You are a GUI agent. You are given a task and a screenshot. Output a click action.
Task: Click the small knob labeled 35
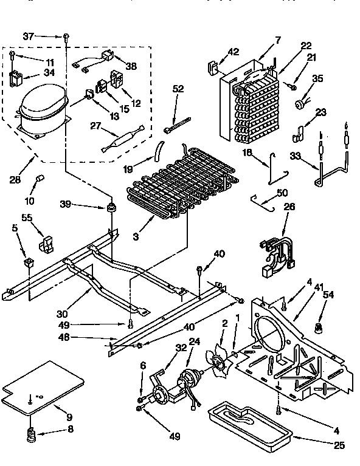tap(299, 104)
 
